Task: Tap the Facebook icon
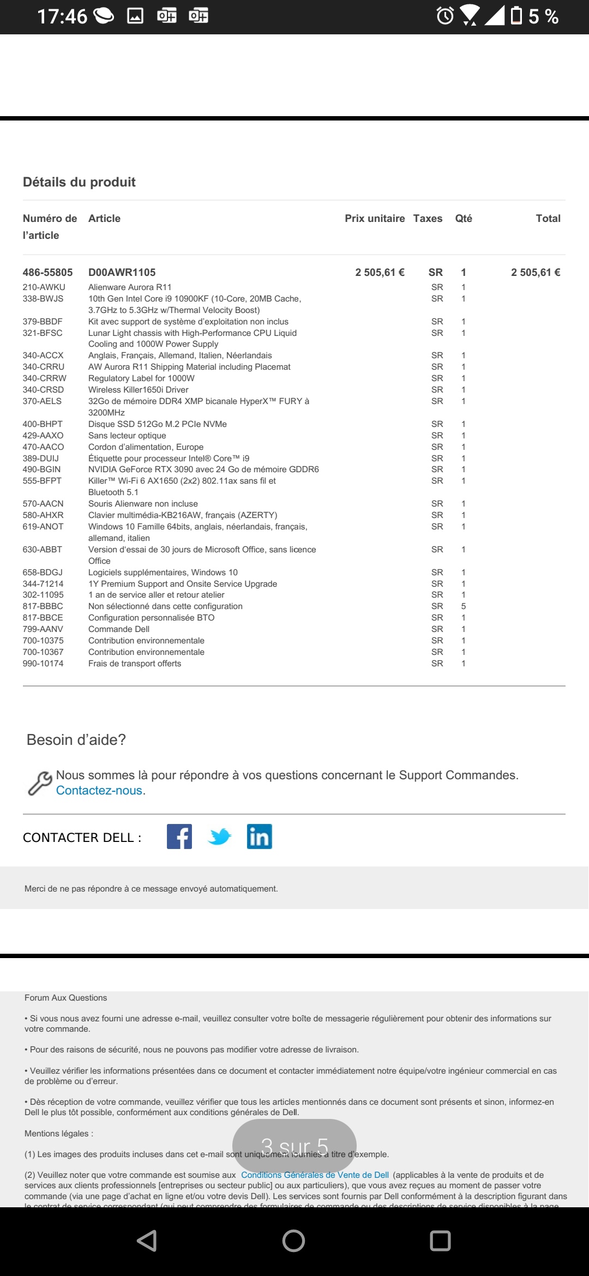pos(179,836)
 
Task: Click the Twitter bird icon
pos(220,836)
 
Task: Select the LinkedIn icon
pos(260,836)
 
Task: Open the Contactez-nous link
pos(99,791)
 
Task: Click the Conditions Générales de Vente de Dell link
pos(315,1175)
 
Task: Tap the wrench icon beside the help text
pos(40,784)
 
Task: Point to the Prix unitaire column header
pos(375,219)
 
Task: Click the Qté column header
pos(464,219)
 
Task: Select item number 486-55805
pos(47,273)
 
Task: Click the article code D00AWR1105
pos(122,273)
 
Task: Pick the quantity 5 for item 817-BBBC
pos(464,606)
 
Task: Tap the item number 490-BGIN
pos(42,470)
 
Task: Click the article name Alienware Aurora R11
pos(130,287)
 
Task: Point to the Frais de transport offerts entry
pos(135,664)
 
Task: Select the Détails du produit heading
pos(79,182)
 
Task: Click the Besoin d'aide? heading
pos(76,740)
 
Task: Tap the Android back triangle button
pos(147,1241)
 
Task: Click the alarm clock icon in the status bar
pos(445,16)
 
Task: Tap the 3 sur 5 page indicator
pos(294,1146)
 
